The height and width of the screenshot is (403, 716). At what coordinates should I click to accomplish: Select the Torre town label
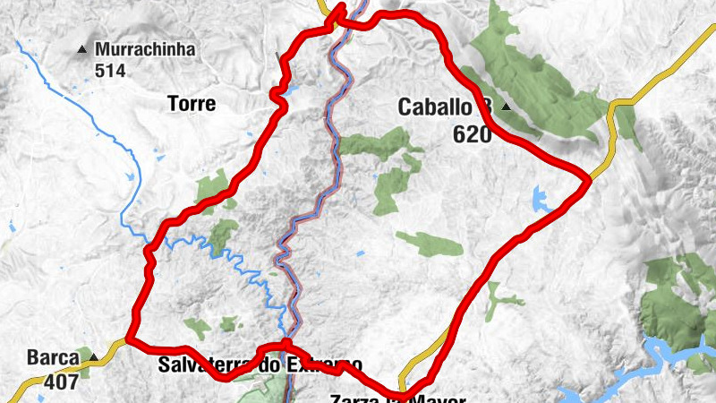click(x=192, y=104)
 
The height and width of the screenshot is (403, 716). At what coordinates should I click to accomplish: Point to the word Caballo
click(x=435, y=108)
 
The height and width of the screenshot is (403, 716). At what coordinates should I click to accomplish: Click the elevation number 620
click(x=473, y=134)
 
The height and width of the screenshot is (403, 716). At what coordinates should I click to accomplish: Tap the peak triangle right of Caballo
click(x=507, y=107)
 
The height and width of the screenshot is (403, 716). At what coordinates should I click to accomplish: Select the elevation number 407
click(x=61, y=381)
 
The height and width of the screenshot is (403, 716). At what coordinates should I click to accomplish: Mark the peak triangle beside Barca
click(x=93, y=358)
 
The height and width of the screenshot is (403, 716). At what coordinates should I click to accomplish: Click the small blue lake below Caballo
click(x=541, y=199)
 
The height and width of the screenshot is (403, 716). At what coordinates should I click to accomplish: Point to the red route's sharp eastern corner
click(x=589, y=177)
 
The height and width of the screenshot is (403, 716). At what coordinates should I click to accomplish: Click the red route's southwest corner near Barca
click(x=129, y=339)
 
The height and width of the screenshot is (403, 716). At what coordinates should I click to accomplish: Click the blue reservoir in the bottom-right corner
click(x=680, y=354)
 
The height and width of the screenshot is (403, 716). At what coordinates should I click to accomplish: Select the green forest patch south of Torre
click(x=211, y=186)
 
